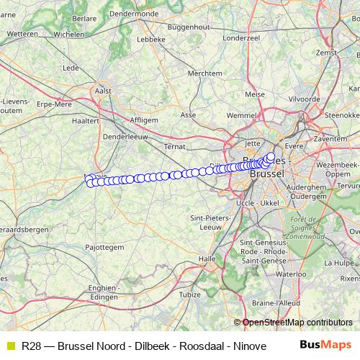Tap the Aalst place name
click(x=103, y=91)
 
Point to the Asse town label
click(x=188, y=114)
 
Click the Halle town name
click(x=207, y=258)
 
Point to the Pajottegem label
click(x=107, y=246)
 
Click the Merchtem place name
click(x=204, y=73)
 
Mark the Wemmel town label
click(x=241, y=114)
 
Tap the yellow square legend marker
click(x=9, y=346)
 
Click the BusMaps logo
click(x=325, y=345)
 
